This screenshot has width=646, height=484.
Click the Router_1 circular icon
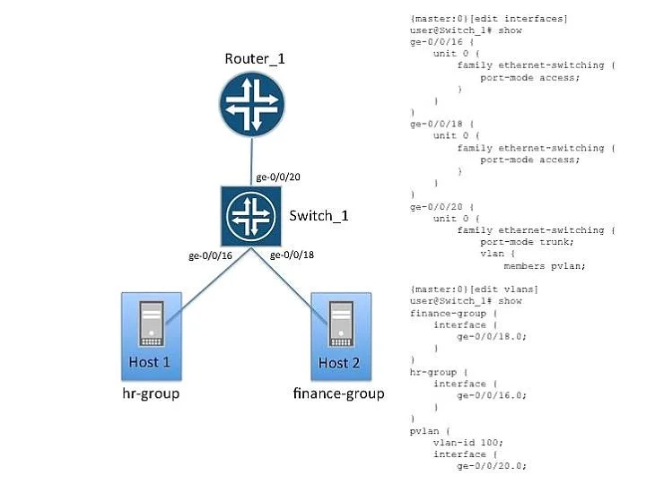(x=252, y=104)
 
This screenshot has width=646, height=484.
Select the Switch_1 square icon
(x=251, y=216)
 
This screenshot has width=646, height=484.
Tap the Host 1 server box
(x=152, y=336)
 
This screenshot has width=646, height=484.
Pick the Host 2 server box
(x=341, y=336)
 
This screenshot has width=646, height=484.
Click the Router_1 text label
(x=255, y=59)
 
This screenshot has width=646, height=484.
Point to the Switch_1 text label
(x=319, y=216)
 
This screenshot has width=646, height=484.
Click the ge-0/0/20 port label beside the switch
(x=278, y=177)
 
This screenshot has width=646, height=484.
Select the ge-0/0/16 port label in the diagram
(x=210, y=255)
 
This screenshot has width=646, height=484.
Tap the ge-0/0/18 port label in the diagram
(x=292, y=255)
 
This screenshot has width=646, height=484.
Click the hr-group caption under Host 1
(x=151, y=393)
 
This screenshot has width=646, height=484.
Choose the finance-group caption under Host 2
(x=338, y=393)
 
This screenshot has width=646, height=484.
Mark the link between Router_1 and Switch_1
(x=251, y=161)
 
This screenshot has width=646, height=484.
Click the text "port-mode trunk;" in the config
(x=527, y=242)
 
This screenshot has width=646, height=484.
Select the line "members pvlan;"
(x=545, y=266)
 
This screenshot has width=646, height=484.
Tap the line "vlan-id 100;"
(x=468, y=443)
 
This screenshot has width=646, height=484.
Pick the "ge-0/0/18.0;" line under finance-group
(x=492, y=336)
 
